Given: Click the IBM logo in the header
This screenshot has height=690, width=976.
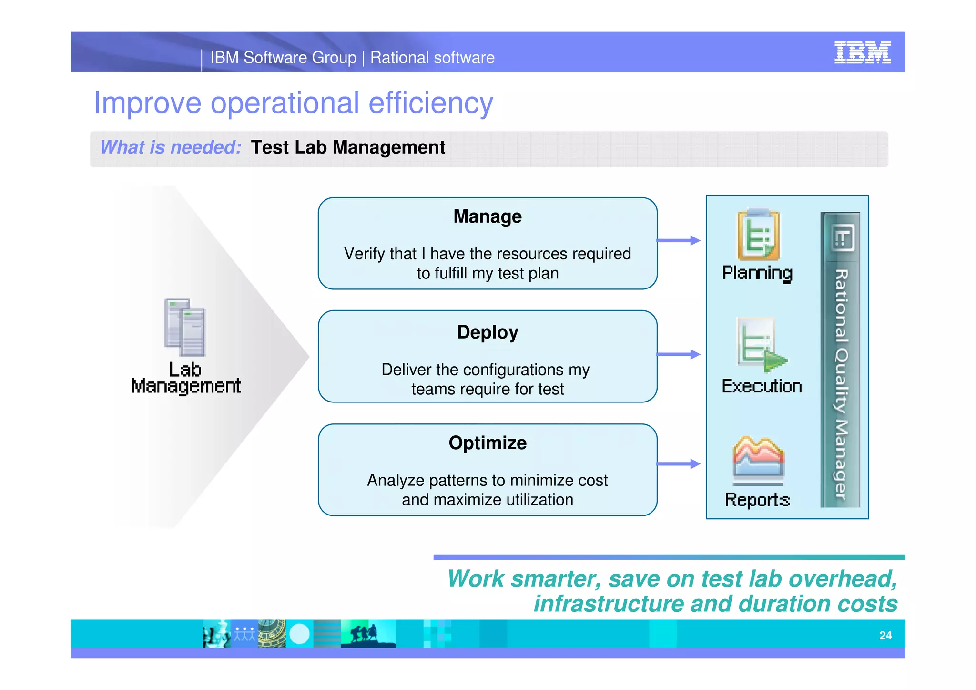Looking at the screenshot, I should tap(862, 52).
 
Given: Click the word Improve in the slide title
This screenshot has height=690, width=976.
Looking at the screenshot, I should tap(147, 103).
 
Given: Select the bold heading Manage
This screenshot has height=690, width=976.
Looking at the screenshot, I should tap(488, 216).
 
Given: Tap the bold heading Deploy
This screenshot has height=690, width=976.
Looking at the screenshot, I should tap(488, 332).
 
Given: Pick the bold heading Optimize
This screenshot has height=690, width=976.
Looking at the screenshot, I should tap(488, 443).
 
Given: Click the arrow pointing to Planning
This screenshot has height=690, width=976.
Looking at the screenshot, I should tap(679, 241).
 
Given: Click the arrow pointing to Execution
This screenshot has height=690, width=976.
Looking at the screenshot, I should tap(679, 354).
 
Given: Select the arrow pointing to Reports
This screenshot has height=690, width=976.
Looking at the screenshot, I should tap(679, 464).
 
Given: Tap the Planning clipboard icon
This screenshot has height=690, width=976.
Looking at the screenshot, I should tap(758, 235).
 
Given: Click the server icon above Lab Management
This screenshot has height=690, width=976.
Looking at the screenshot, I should tap(185, 327).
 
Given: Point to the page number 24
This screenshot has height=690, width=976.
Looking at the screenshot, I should tap(885, 636).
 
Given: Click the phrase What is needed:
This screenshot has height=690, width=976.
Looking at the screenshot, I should tap(171, 147).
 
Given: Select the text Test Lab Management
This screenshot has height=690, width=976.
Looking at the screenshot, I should tap(348, 147).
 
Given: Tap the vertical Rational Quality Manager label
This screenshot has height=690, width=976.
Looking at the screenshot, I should tap(841, 381).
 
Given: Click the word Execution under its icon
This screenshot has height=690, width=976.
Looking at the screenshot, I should tap(762, 386).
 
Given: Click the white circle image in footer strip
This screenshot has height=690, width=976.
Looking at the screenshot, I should tap(299, 634).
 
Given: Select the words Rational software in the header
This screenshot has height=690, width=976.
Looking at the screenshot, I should tap(432, 58).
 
